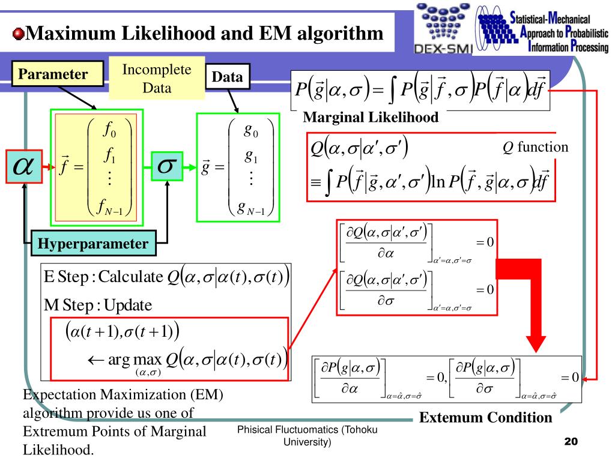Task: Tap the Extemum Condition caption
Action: pyautogui.click(x=485, y=417)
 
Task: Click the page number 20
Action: pyautogui.click(x=570, y=441)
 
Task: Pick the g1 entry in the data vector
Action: pyautogui.click(x=251, y=155)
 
